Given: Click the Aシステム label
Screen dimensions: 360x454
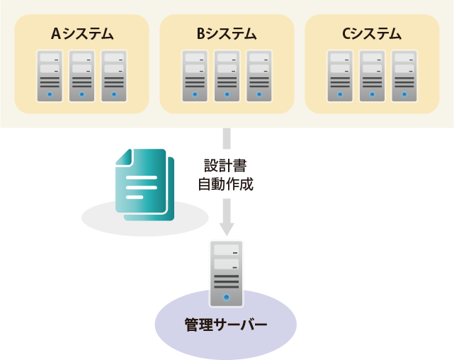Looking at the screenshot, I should pos(82,33).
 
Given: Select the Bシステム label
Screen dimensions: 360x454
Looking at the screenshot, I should pos(227,33).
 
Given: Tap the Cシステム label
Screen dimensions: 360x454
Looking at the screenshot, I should pos(372,33).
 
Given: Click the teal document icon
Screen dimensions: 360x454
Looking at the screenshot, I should pos(144,184).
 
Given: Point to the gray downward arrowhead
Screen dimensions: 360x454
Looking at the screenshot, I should pos(227,229).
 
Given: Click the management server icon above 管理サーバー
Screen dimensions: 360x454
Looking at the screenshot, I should pos(227,272).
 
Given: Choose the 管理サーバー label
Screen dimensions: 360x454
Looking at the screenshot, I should pos(226,325).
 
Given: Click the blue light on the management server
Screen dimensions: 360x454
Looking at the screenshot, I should pos(227,298).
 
